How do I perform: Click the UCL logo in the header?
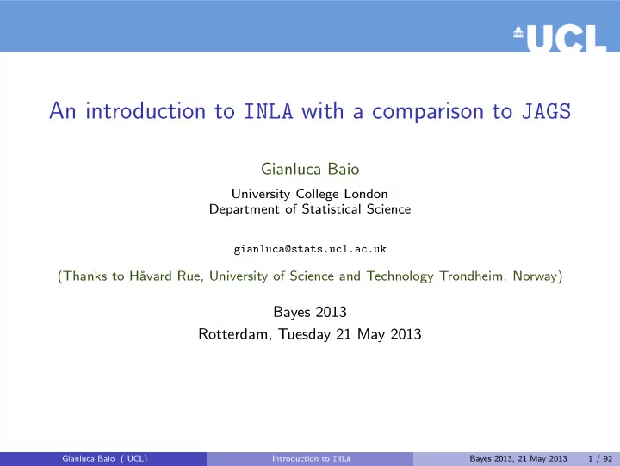tap(560, 38)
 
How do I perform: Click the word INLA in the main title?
tap(269, 111)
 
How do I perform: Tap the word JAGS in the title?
tap(547, 111)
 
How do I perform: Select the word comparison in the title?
tap(428, 112)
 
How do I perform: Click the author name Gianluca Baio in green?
tap(310, 170)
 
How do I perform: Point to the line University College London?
tap(310, 194)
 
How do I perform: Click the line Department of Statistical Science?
tap(310, 208)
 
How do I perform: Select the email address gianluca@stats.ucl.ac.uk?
tap(310, 249)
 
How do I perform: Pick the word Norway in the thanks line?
tap(535, 276)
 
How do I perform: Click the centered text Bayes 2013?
tap(310, 312)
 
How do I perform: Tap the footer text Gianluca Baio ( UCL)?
tap(105, 458)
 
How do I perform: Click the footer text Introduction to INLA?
tap(311, 458)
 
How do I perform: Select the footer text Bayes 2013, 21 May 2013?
tap(518, 458)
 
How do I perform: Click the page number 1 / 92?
tap(600, 458)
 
